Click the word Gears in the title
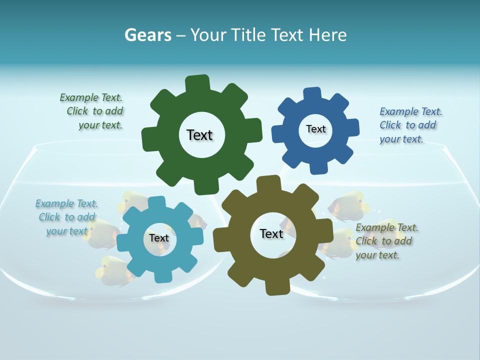[147, 35]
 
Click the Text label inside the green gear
[199, 135]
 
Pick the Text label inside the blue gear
[315, 129]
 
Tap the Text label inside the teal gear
[159, 238]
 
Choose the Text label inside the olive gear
[271, 233]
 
